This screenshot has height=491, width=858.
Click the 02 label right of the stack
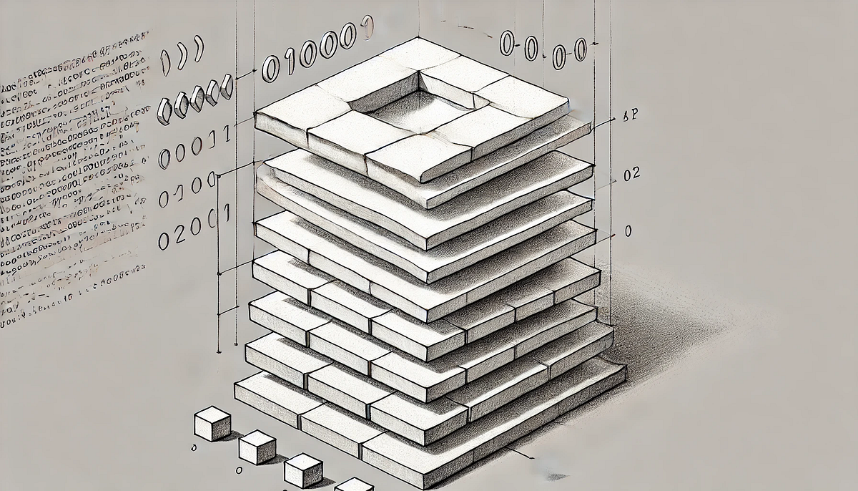(x=631, y=174)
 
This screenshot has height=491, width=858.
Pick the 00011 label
(x=194, y=147)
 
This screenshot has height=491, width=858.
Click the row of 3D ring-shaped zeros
(x=194, y=98)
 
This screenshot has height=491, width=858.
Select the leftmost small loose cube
(x=212, y=423)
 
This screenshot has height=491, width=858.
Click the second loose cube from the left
(x=257, y=447)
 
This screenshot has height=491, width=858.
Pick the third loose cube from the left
(x=303, y=470)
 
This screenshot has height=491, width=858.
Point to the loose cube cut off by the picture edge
(x=354, y=485)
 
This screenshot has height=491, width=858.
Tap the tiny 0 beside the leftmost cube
(x=194, y=447)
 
